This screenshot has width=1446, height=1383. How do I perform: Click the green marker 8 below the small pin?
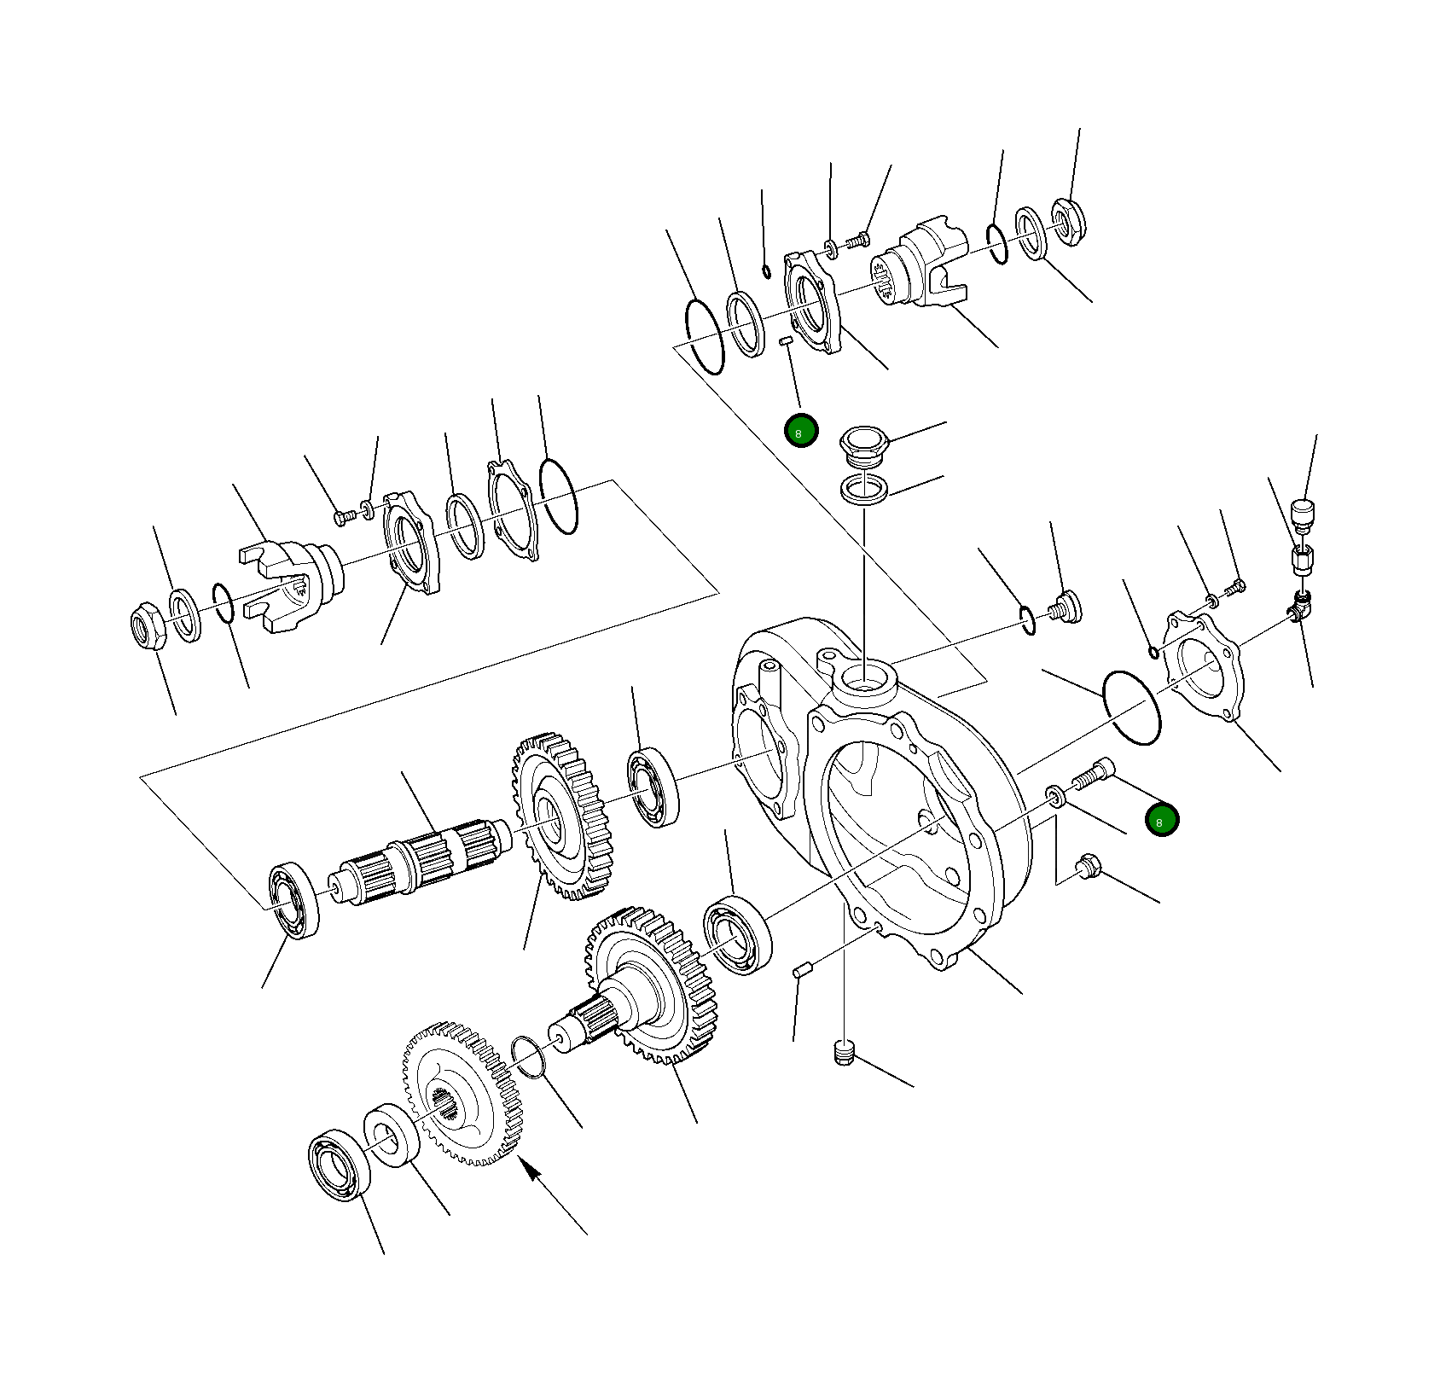(x=801, y=431)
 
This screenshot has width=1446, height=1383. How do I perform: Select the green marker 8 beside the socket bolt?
(x=1161, y=820)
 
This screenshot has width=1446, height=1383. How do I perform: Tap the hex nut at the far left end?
(x=148, y=626)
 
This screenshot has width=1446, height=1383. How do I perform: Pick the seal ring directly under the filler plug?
(x=864, y=490)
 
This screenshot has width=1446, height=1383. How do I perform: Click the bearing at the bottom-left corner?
(x=339, y=1165)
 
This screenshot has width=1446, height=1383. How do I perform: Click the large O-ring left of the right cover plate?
(x=1131, y=707)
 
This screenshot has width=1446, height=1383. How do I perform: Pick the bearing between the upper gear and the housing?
(x=653, y=787)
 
